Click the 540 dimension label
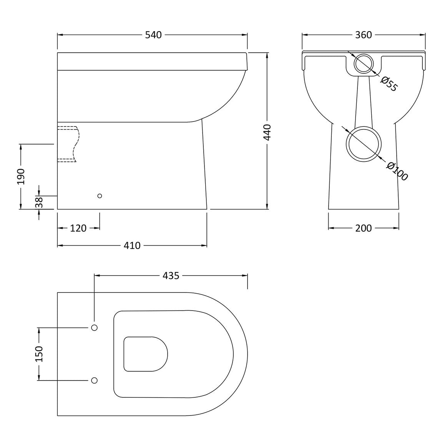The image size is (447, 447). pyautogui.click(x=153, y=35)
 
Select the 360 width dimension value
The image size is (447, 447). pyautogui.click(x=364, y=35)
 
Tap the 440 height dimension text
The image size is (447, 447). pyautogui.click(x=267, y=132)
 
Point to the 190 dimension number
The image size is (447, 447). pyautogui.click(x=21, y=176)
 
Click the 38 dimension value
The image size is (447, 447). pyautogui.click(x=39, y=202)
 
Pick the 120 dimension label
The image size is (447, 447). pyautogui.click(x=78, y=228)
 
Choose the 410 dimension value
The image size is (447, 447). pyautogui.click(x=132, y=246)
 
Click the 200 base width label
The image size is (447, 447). pyautogui.click(x=364, y=228)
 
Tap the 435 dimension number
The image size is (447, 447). pyautogui.click(x=171, y=276)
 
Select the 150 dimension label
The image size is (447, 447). pyautogui.click(x=39, y=354)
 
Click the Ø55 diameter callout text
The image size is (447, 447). pyautogui.click(x=389, y=84)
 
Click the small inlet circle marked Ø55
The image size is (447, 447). pyautogui.click(x=364, y=63)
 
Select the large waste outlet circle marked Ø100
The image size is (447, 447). pyautogui.click(x=364, y=144)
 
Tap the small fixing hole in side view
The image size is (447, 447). pyautogui.click(x=100, y=196)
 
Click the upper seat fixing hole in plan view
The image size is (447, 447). pyautogui.click(x=95, y=327)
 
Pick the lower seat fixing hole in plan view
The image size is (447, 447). pyautogui.click(x=95, y=380)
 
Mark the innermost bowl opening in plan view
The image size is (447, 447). pyautogui.click(x=146, y=354)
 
